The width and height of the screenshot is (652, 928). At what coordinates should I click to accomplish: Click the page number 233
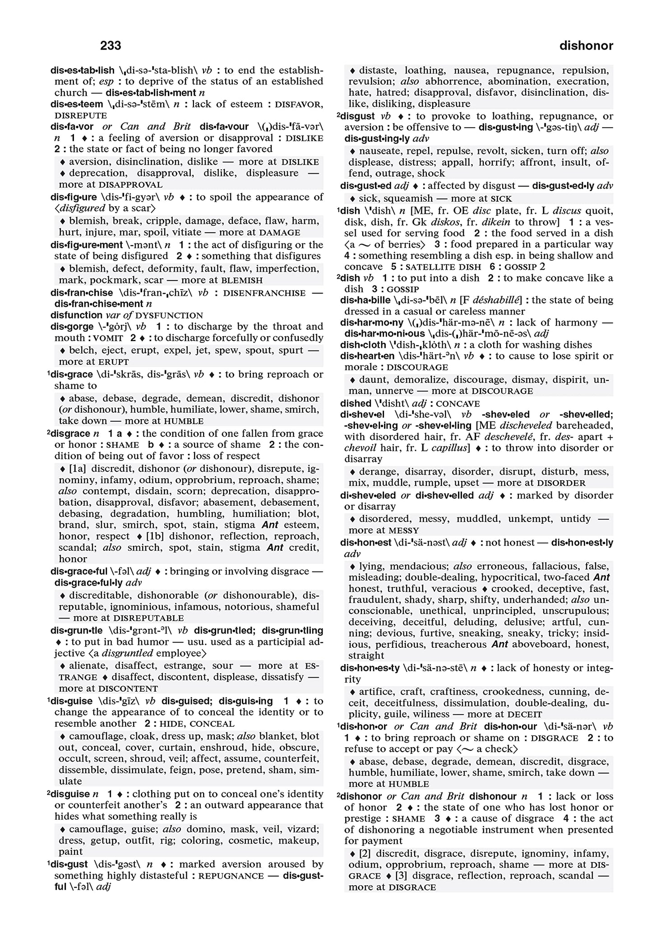pos(111,46)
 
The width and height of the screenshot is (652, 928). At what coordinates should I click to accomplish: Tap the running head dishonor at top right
pos(586,46)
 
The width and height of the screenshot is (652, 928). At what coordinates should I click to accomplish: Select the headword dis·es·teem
pos(78,104)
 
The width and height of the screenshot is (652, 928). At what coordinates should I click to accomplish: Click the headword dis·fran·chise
pos(82,293)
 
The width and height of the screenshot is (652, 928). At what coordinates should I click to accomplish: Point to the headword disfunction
pos(76,315)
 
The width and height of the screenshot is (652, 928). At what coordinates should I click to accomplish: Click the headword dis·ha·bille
pos(364,300)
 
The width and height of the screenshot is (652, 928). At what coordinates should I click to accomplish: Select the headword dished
pos(356,403)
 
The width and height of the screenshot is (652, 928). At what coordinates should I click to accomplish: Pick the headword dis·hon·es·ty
pos(370,668)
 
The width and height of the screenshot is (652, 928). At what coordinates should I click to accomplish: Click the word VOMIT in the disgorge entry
pos(108,338)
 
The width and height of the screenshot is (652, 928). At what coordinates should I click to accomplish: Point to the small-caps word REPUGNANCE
pos(231,876)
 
